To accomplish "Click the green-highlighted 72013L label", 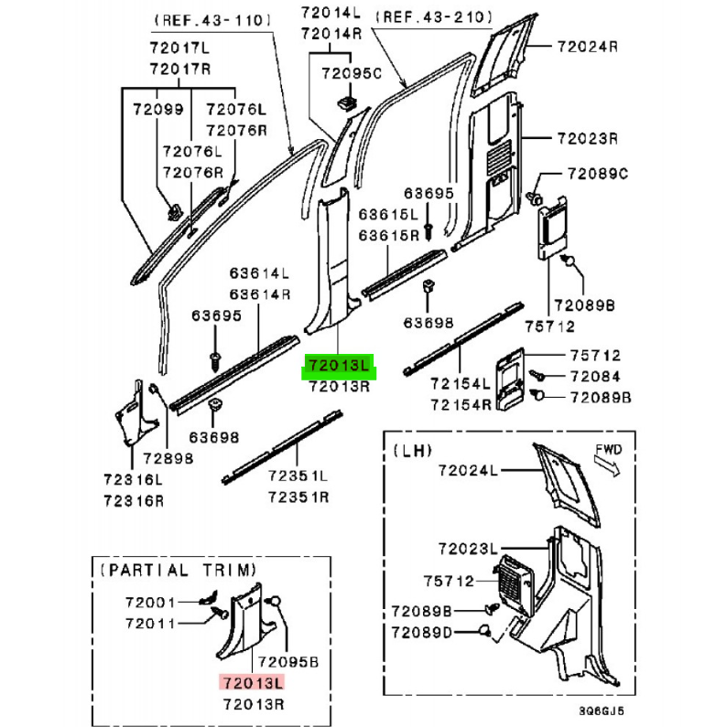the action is [x=339, y=367].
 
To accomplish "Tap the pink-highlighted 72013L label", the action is [x=253, y=683].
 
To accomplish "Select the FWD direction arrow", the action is [x=607, y=465].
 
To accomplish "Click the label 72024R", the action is [x=587, y=47].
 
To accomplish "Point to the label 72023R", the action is [x=587, y=139].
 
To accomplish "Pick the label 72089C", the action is [x=598, y=174].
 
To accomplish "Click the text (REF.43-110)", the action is [x=212, y=20].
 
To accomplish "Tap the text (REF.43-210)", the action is [x=434, y=17].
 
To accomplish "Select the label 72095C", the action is [x=352, y=73].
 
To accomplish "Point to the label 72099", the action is [x=158, y=110].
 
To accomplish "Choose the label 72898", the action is [x=168, y=458].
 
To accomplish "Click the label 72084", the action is [x=595, y=377].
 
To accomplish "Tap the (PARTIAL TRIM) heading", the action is [x=179, y=570].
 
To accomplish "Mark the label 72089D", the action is [x=421, y=633].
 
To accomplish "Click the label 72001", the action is [x=150, y=603].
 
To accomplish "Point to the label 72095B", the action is [x=288, y=662].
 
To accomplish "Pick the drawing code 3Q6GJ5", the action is [x=602, y=711].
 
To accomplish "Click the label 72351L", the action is [x=298, y=476].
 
